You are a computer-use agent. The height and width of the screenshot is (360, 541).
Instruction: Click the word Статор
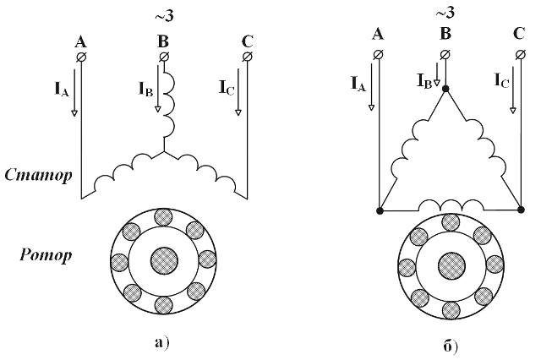tap(39, 175)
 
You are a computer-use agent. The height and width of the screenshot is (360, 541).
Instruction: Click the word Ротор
tap(46, 255)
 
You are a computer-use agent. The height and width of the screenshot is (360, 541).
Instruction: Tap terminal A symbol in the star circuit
tap(81, 57)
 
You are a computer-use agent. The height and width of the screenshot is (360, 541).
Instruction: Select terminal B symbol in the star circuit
tap(164, 57)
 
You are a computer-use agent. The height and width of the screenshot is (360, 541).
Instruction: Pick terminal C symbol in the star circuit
tap(247, 57)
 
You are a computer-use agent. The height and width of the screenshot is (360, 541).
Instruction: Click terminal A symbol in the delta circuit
tap(379, 54)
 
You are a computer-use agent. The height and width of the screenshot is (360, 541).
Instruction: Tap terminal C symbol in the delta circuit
tap(521, 54)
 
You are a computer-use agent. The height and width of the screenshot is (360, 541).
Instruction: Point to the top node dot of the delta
tap(445, 89)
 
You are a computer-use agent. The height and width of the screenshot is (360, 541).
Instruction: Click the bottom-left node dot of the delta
tap(380, 210)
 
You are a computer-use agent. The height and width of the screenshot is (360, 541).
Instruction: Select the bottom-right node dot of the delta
tap(522, 210)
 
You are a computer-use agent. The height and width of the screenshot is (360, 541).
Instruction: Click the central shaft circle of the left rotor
tap(164, 260)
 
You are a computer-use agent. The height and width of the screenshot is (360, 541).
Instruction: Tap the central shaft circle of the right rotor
tap(451, 266)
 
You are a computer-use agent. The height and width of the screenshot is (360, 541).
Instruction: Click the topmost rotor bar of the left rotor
tap(163, 217)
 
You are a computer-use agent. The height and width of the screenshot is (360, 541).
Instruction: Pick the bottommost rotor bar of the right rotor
tap(451, 310)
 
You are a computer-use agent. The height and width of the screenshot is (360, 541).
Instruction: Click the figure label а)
tap(161, 343)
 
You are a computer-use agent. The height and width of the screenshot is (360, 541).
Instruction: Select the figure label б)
tap(450, 346)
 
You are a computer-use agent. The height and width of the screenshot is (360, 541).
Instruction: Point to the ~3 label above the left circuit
tap(164, 17)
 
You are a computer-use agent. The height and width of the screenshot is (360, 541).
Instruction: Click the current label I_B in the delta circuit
tap(424, 81)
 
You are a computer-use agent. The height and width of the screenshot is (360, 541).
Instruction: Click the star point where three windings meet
tap(164, 151)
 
